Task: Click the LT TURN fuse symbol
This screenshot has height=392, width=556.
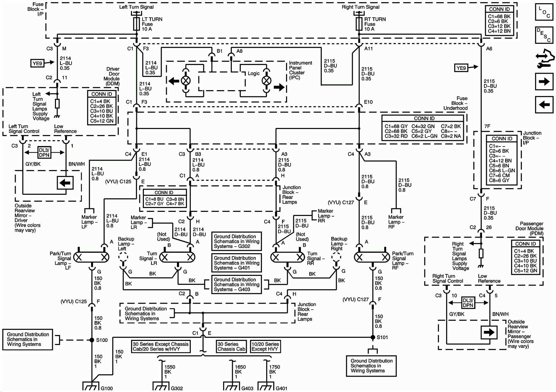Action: [x=136, y=24]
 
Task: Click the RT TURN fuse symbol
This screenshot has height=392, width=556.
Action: [x=359, y=24]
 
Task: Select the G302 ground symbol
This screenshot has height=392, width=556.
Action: [x=161, y=386]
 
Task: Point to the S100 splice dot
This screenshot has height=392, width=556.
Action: [x=92, y=340]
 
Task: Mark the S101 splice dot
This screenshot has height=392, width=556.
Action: [x=373, y=337]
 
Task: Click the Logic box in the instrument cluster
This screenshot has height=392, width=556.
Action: [x=254, y=73]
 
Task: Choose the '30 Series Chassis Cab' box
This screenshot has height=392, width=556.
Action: [x=231, y=346]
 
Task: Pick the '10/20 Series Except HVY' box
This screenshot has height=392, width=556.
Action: [x=265, y=346]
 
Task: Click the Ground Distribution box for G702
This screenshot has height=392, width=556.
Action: [x=236, y=241]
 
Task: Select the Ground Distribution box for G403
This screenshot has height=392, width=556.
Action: [x=236, y=285]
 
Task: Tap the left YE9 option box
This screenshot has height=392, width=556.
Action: [x=37, y=63]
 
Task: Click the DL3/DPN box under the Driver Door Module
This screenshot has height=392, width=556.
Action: [x=44, y=153]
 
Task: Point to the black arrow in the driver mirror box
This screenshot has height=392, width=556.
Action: [x=65, y=183]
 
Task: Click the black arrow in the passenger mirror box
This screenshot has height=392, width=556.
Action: [x=489, y=332]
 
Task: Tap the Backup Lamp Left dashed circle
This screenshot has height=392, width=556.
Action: [x=123, y=257]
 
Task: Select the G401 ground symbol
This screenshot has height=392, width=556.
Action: [x=266, y=386]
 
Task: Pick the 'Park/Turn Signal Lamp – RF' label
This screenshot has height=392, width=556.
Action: [x=402, y=261]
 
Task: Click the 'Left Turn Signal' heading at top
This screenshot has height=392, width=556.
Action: [x=136, y=7]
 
